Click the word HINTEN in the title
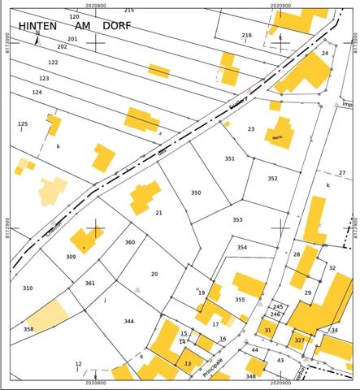pyautogui.click(x=37, y=26)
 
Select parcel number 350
pyautogui.click(x=195, y=193)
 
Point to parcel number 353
pyautogui.click(x=236, y=219)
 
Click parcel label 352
pyautogui.click(x=272, y=178)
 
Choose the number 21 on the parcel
pyautogui.click(x=158, y=213)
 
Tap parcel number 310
pyautogui.click(x=28, y=288)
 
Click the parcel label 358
pyautogui.click(x=28, y=329)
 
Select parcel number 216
pyautogui.click(x=247, y=35)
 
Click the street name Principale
pyautogui.click(x=207, y=365)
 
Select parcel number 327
pyautogui.click(x=299, y=340)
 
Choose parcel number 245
pyautogui.click(x=277, y=306)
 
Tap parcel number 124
pyautogui.click(x=37, y=93)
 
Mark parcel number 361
pyautogui.click(x=89, y=284)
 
